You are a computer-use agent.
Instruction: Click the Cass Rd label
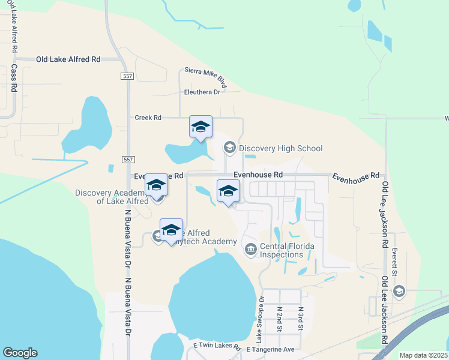pyautogui.click(x=13, y=79)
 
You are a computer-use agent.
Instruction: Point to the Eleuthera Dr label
pyautogui.click(x=202, y=92)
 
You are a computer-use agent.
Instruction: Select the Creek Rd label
pyautogui.click(x=148, y=118)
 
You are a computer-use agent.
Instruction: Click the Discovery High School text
pyautogui.click(x=280, y=148)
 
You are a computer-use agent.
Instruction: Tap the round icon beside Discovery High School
pyautogui.click(x=229, y=147)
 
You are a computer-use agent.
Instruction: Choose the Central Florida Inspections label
pyautogui.click(x=287, y=250)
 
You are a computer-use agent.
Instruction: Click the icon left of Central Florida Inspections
pyautogui.click(x=250, y=248)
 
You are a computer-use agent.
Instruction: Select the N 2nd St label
pyautogui.click(x=280, y=320)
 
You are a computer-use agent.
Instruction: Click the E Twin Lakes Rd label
pyautogui.click(x=216, y=347)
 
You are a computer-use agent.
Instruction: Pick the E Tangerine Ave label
pyautogui.click(x=268, y=349)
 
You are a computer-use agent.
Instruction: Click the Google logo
pyautogui.click(x=20, y=353)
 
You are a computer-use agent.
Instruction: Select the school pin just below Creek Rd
pyautogui.click(x=200, y=127)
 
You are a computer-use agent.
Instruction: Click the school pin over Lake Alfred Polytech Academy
pyautogui.click(x=172, y=230)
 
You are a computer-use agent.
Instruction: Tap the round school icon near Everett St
pyautogui.click(x=398, y=292)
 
